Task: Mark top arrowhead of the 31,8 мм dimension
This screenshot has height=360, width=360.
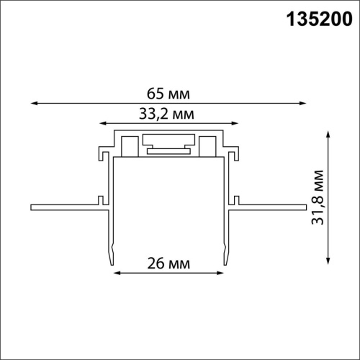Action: (328, 132)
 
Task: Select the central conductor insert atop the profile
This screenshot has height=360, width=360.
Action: (170, 143)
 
